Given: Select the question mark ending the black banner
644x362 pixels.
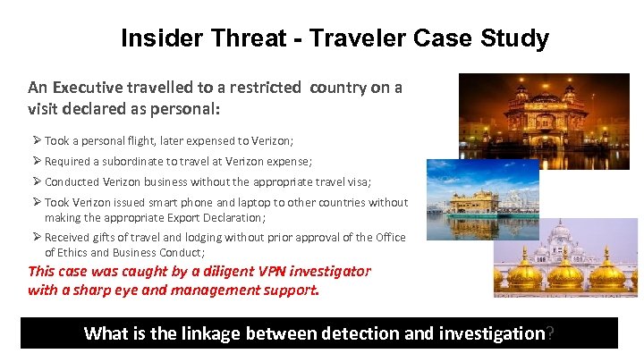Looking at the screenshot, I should pos(549,333).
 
